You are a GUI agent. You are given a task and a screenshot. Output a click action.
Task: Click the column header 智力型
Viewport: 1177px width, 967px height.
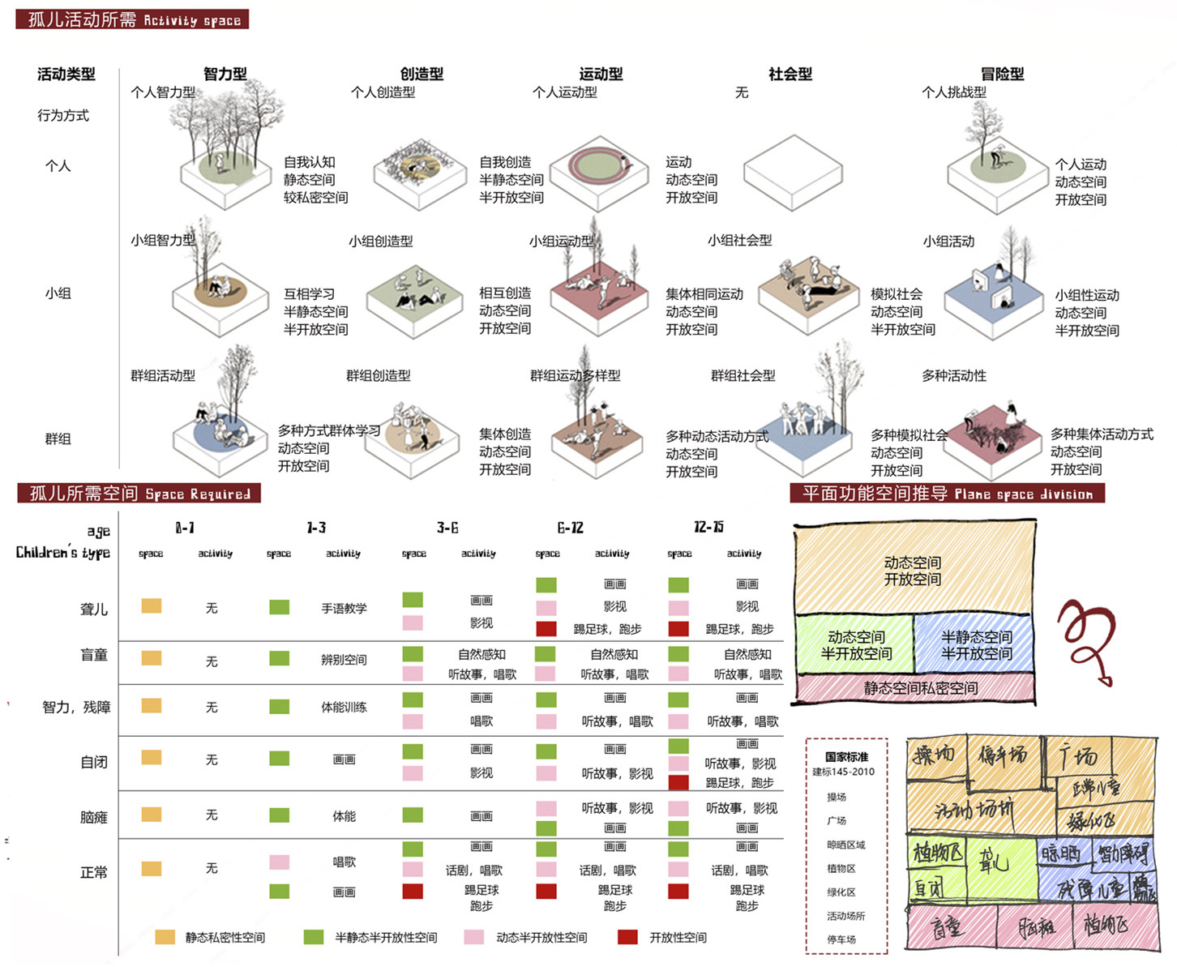pos(225,74)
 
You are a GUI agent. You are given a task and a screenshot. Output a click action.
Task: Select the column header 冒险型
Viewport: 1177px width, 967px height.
pos(1002,74)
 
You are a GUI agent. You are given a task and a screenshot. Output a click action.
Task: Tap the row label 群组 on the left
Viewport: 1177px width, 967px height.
pos(58,439)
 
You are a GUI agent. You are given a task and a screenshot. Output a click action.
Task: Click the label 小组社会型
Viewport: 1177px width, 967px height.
pos(739,240)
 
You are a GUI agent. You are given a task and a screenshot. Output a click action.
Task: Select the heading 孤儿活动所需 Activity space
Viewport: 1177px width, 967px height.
pos(133,19)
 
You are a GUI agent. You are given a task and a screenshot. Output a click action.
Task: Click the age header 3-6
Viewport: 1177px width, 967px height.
pos(447,528)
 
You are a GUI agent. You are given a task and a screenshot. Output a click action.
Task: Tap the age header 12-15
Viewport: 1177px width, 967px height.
pos(708,528)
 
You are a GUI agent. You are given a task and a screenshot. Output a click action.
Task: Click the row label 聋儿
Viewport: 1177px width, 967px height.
pos(94,609)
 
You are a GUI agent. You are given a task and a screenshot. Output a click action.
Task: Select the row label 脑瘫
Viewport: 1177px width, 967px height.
pos(94,817)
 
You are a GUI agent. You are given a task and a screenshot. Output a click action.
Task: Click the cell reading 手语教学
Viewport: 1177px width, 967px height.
pos(344,608)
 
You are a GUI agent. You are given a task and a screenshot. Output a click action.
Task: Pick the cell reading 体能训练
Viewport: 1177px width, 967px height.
pos(344,707)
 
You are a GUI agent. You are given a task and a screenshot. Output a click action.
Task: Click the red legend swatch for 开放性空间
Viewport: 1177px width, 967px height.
pos(627,937)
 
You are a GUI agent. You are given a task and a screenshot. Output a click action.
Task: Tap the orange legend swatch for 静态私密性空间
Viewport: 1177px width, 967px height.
pos(165,937)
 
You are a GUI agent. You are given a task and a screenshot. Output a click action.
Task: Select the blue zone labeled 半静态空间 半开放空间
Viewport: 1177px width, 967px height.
pos(975,645)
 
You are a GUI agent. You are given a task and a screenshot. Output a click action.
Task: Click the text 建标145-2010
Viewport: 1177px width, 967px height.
pos(843,772)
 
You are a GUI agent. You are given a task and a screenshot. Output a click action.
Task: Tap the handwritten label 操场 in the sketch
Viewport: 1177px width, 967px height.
pos(933,755)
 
